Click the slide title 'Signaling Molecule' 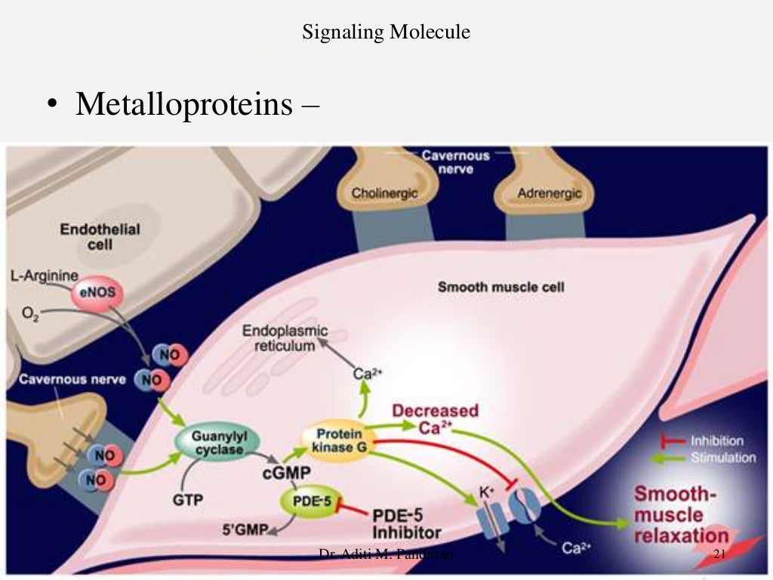[x=386, y=32]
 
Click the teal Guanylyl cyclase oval [x=217, y=443]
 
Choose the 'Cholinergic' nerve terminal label [x=384, y=193]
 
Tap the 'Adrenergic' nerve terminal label [x=550, y=193]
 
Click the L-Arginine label [x=45, y=278]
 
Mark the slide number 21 [x=719, y=556]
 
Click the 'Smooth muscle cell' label [x=501, y=287]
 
